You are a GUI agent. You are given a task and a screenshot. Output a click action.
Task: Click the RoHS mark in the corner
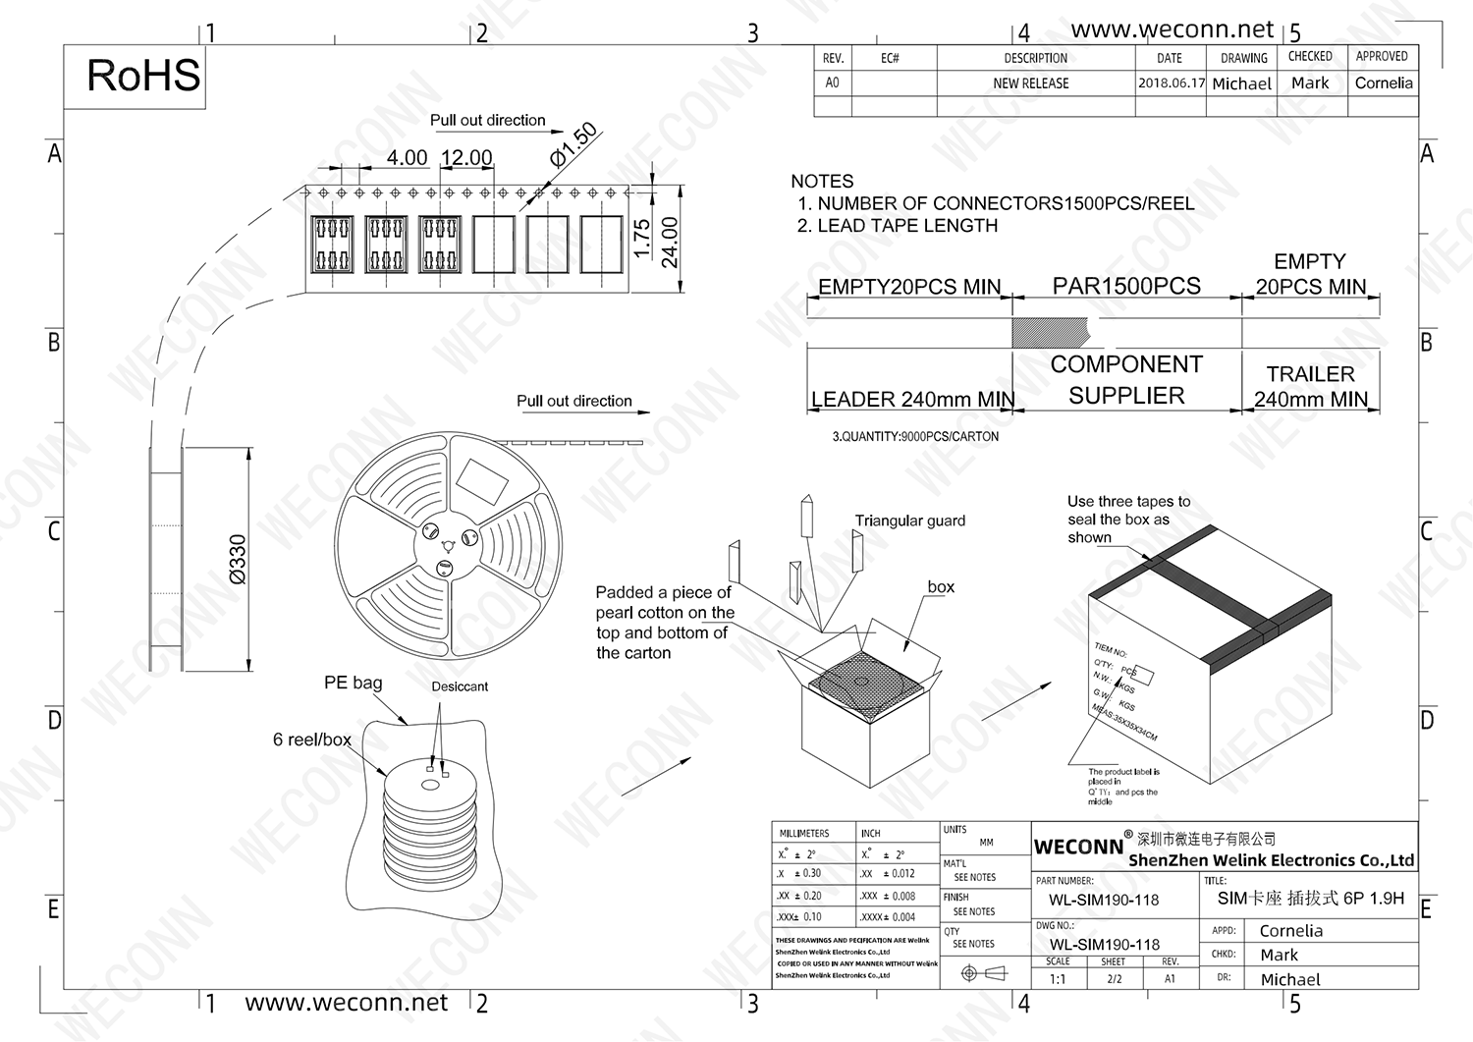[143, 77]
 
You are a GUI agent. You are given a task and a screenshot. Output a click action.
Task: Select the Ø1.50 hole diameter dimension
[573, 144]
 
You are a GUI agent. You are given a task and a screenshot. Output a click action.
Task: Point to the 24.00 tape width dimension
[670, 242]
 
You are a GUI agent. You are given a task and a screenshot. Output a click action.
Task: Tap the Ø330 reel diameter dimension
[237, 560]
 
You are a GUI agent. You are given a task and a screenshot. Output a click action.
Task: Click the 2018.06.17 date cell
[1171, 83]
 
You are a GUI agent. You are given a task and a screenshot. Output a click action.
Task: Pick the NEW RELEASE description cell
[1031, 83]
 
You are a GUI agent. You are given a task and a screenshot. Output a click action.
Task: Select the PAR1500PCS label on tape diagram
[1126, 286]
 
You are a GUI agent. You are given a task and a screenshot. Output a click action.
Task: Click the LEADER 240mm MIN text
[912, 399]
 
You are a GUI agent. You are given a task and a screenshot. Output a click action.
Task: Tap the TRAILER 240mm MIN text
[1310, 387]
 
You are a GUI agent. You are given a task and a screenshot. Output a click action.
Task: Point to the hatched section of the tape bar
[1049, 333]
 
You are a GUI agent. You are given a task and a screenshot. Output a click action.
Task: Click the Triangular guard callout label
[909, 521]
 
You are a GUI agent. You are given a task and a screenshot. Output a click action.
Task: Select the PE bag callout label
[354, 683]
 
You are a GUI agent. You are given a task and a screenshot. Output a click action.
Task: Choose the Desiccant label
[460, 686]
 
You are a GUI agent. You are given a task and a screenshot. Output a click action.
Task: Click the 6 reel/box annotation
[311, 740]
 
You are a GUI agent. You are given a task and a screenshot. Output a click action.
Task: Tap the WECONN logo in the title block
[1078, 847]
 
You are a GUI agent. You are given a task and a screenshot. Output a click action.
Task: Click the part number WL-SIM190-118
[1104, 900]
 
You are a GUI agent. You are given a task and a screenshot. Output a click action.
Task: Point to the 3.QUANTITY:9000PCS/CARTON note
[915, 436]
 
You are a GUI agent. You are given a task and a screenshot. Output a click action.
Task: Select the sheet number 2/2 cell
[1114, 979]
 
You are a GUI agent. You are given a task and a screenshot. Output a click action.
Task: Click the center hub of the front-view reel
[448, 546]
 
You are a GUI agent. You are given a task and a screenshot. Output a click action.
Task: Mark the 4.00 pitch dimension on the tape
[407, 158]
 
